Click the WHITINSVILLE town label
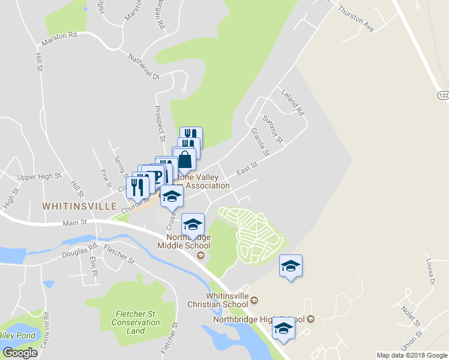[79, 206]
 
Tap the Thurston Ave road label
[356, 19]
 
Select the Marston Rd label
[59, 39]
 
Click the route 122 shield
[442, 96]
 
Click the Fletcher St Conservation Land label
[136, 322]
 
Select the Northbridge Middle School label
[184, 241]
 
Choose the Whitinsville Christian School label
[227, 300]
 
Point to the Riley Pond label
[18, 335]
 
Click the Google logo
[20, 352]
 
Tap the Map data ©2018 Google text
[412, 355]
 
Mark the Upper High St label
[40, 177]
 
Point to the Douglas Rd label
[79, 251]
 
